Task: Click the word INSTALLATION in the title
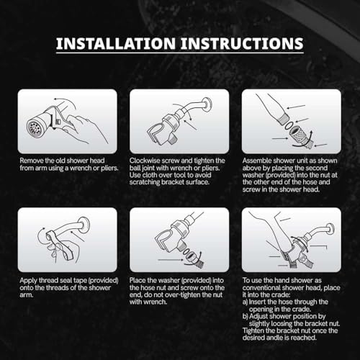(x=116, y=43)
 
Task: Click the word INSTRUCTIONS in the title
(x=242, y=43)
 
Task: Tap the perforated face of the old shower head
(x=33, y=128)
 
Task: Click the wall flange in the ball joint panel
(x=207, y=105)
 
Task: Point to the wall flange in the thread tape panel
(x=84, y=225)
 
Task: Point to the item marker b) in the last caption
(x=245, y=316)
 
